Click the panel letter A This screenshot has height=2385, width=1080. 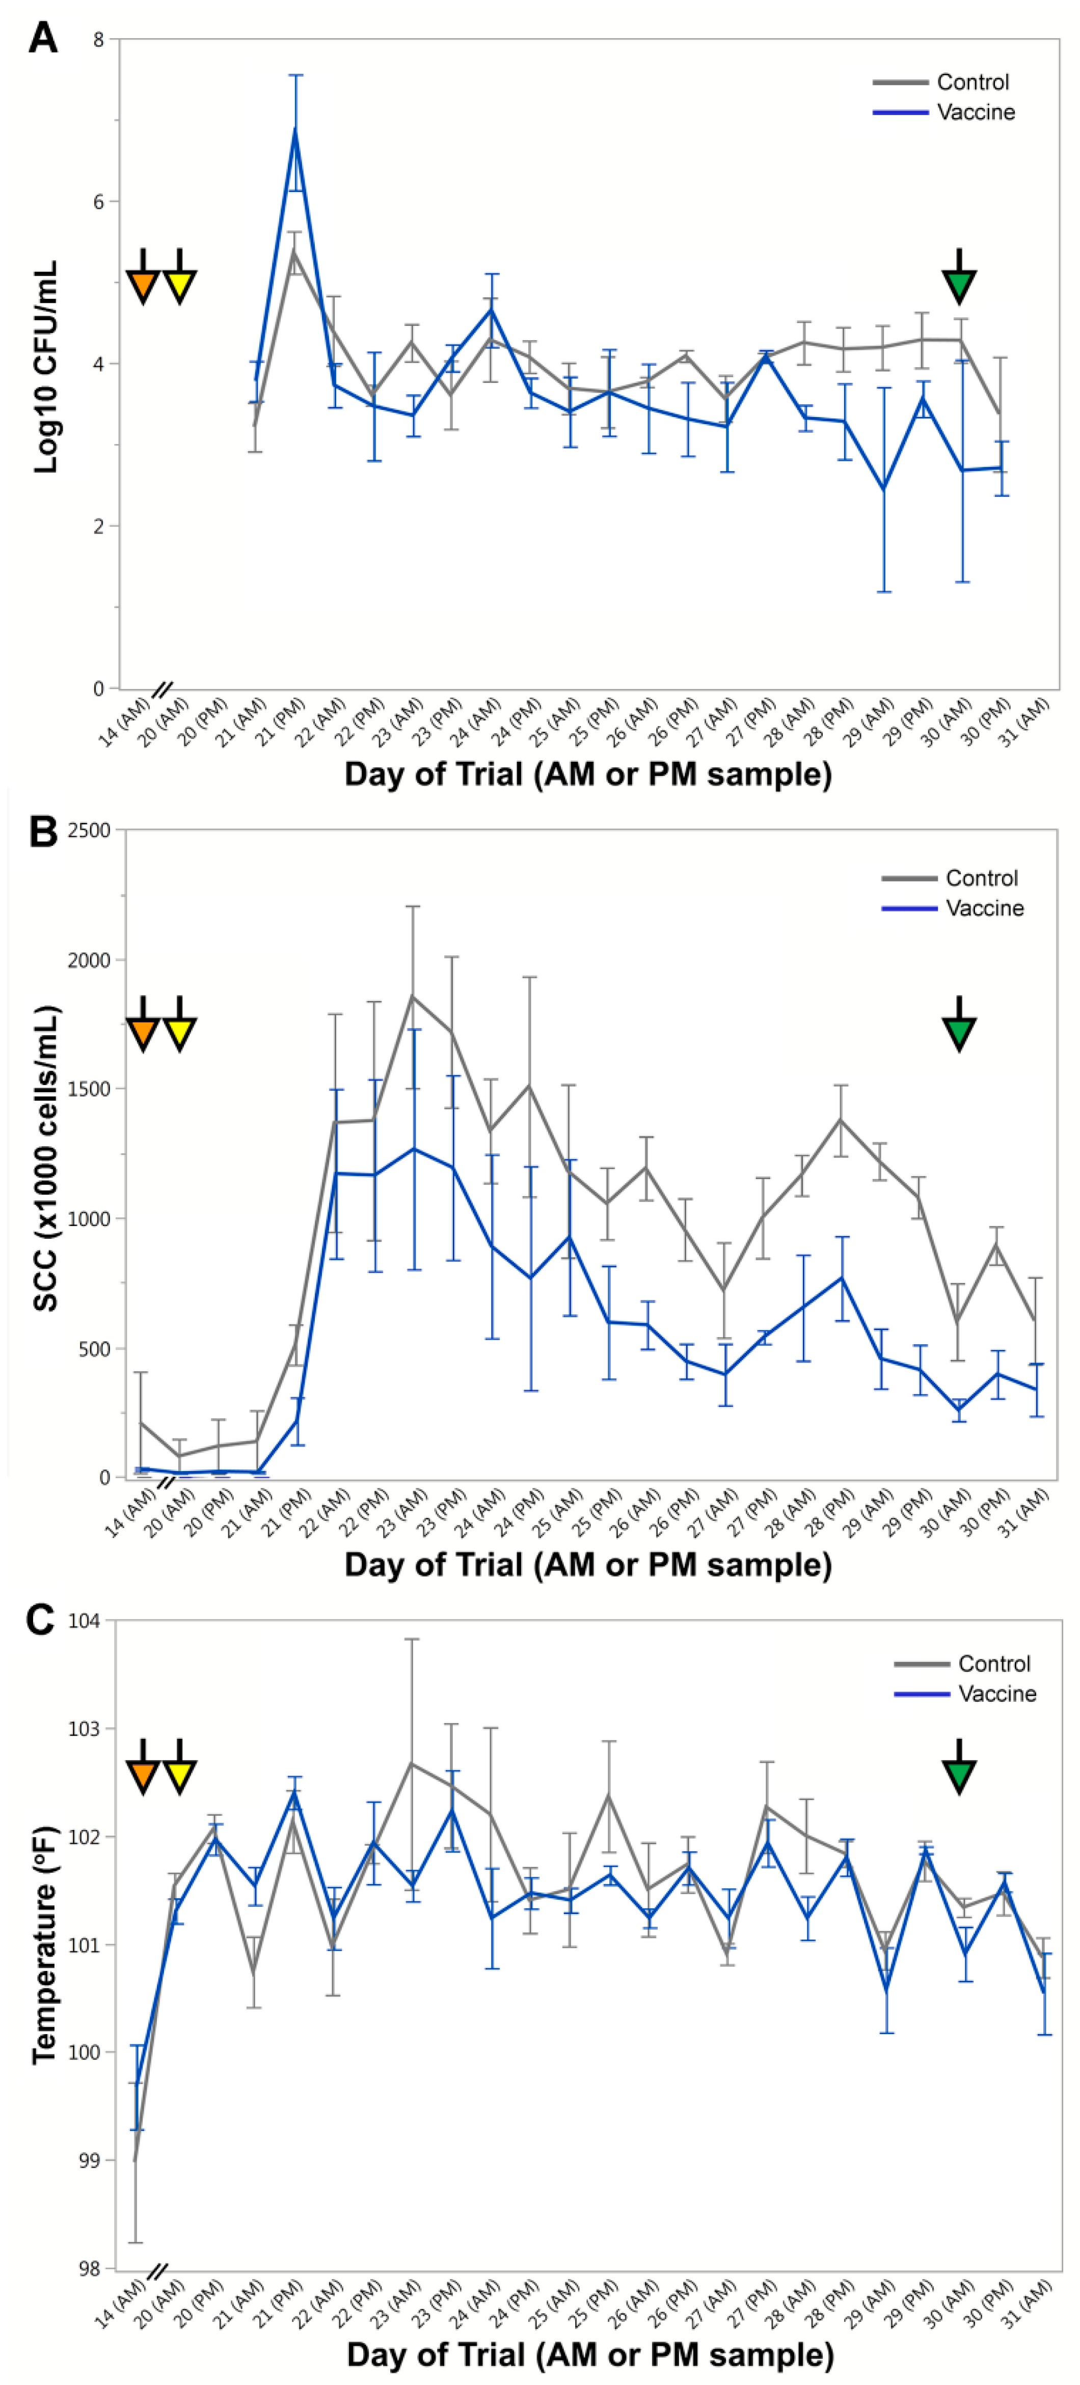tap(43, 38)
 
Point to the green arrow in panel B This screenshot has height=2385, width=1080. tap(959, 1030)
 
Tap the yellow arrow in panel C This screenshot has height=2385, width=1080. tap(180, 1770)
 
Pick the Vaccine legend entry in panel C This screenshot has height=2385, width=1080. tap(996, 1694)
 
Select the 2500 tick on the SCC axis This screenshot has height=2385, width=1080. tap(89, 830)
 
